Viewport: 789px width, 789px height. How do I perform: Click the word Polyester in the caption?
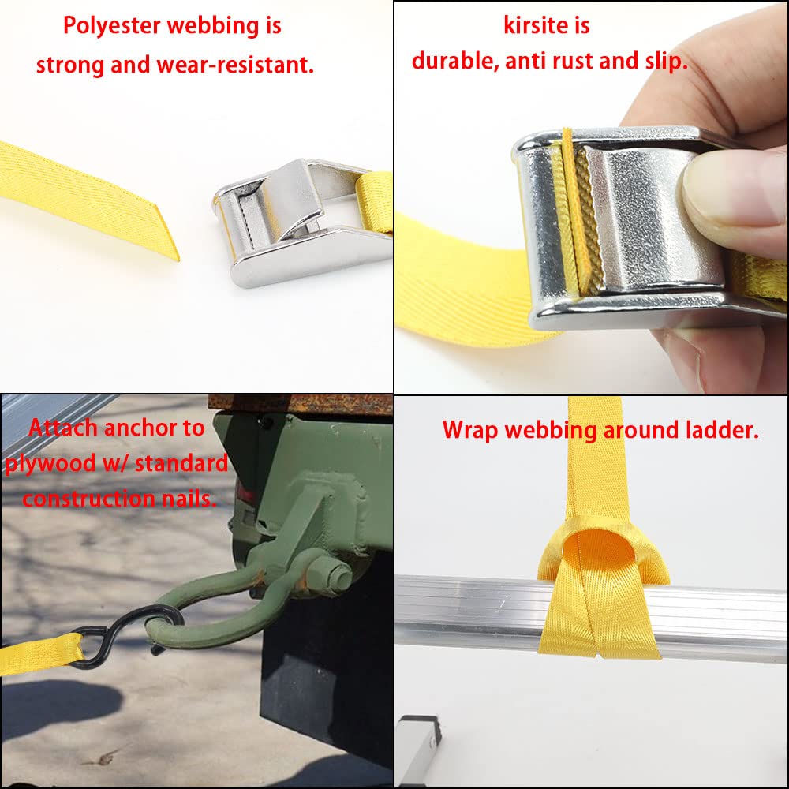[x=111, y=26]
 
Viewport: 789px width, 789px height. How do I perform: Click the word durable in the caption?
[x=455, y=61]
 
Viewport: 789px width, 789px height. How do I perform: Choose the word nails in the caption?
[x=189, y=499]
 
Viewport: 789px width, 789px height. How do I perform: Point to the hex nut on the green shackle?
[x=331, y=573]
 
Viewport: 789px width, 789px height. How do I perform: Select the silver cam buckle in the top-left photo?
[x=302, y=222]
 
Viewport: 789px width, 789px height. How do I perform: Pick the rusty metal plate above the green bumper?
[x=301, y=404]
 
